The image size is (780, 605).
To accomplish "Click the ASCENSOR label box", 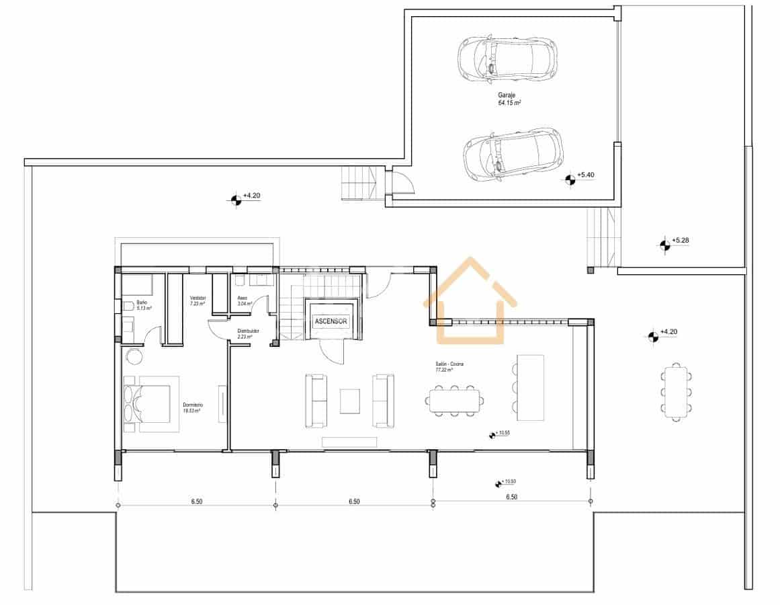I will pyautogui.click(x=331, y=321).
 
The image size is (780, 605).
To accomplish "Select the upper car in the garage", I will pyautogui.click(x=507, y=58).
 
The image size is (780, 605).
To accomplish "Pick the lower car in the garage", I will pyautogui.click(x=513, y=154).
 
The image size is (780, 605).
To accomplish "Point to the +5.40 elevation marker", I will pyautogui.click(x=570, y=179).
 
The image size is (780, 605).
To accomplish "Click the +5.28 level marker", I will pyautogui.click(x=665, y=245).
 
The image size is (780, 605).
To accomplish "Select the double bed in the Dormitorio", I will pyautogui.click(x=151, y=404).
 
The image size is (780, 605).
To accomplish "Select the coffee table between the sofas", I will pyautogui.click(x=349, y=401).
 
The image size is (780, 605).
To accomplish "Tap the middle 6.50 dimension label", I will pyautogui.click(x=353, y=501).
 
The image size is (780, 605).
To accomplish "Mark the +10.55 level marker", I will pyautogui.click(x=496, y=434).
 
